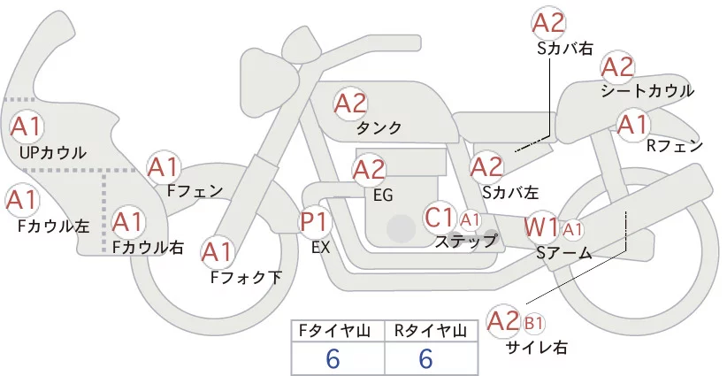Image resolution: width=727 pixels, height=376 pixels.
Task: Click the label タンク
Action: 379,128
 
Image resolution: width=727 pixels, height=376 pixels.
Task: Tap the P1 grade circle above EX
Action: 315,221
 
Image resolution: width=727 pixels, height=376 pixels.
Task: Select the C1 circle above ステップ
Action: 440,217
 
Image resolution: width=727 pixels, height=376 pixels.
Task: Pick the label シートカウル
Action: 647,90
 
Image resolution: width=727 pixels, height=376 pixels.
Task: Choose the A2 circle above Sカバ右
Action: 547,23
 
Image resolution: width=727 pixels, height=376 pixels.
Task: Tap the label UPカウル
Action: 53,152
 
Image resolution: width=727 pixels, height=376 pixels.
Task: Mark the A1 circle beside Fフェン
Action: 163,166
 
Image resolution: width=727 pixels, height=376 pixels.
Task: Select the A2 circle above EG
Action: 369,169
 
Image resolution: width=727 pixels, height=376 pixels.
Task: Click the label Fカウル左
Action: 54,226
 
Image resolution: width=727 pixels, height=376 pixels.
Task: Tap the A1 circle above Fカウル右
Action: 127,220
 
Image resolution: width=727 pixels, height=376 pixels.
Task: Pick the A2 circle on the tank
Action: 350,104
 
